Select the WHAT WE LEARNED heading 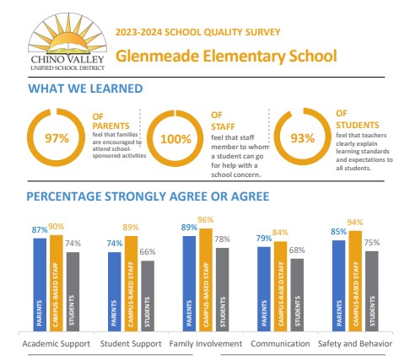85,89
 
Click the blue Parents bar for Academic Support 40,282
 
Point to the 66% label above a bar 147,252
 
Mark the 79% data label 264,239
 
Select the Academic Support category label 56,343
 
